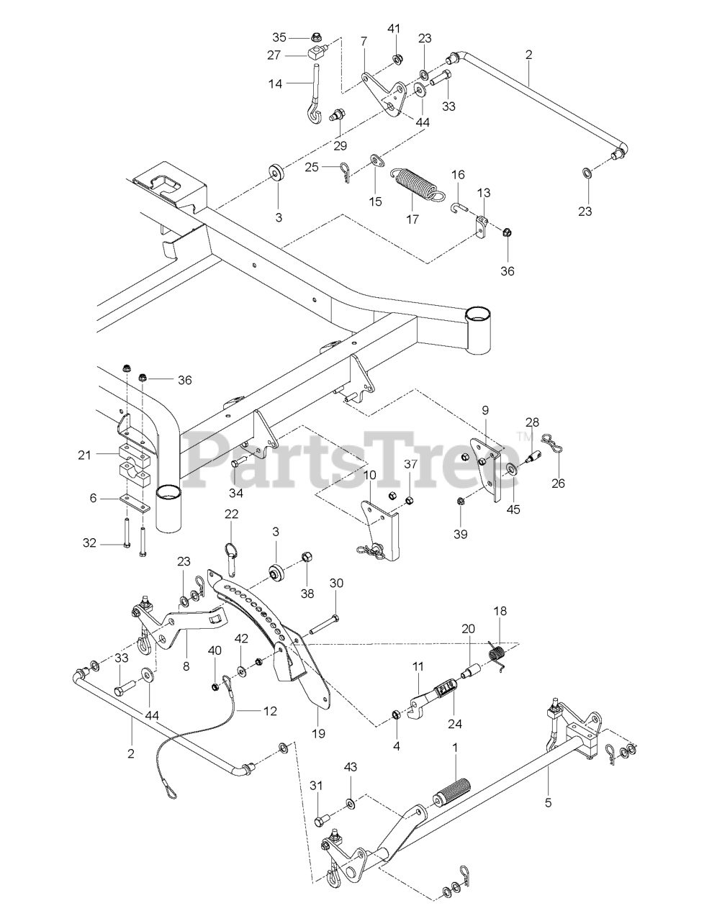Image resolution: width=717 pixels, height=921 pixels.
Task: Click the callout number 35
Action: [279, 37]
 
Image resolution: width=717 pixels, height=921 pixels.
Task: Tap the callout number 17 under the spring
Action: [413, 219]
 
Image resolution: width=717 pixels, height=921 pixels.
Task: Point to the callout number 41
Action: [393, 29]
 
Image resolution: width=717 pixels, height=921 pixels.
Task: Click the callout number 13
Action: [484, 193]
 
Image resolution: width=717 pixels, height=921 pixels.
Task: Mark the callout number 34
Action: [236, 492]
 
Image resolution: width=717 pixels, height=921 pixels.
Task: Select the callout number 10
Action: [369, 475]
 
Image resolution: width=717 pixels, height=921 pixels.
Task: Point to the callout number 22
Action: [231, 513]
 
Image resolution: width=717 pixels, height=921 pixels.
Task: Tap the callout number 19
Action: [318, 734]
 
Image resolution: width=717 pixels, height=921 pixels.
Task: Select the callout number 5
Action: [549, 803]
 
